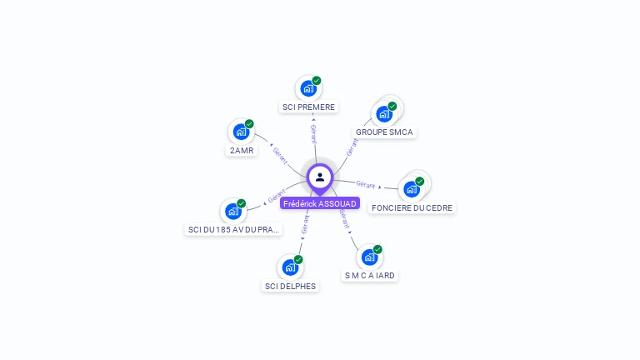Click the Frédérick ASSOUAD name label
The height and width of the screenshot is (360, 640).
tap(320, 203)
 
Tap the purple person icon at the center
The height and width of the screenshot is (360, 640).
tap(320, 177)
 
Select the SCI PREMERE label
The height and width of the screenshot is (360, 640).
tap(308, 107)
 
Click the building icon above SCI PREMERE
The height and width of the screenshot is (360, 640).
tap(308, 88)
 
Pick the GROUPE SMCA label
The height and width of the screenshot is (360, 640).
tap(384, 132)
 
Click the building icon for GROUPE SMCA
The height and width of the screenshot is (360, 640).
tap(384, 113)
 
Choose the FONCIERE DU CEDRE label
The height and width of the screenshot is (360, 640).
tap(413, 207)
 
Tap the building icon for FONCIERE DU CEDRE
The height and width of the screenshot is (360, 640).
tap(412, 189)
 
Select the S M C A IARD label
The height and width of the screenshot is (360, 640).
tap(369, 275)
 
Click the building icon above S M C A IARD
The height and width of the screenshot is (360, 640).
tap(369, 257)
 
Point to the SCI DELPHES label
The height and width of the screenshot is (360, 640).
tap(290, 286)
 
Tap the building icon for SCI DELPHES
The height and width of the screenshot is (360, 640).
tap(290, 267)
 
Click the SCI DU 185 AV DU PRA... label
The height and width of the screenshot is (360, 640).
tap(233, 229)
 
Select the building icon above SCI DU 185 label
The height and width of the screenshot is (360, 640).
tap(233, 211)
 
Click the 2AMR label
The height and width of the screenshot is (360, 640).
tap(241, 151)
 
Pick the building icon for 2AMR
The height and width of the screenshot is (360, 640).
tap(241, 132)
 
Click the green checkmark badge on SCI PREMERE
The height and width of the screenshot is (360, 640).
tap(317, 81)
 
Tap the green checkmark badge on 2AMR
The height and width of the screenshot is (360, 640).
tap(249, 124)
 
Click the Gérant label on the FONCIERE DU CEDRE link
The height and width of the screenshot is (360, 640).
tap(365, 184)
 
